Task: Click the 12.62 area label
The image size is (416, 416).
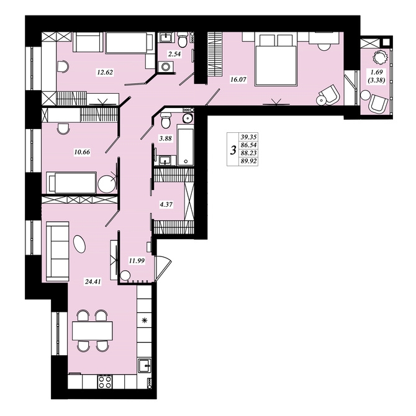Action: point(105,72)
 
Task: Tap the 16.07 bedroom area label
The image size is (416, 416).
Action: point(238,79)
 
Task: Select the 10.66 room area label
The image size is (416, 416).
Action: point(82,152)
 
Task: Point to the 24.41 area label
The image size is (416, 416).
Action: point(93,282)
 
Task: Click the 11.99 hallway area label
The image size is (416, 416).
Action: point(137,261)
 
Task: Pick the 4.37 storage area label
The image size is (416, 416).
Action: point(166,204)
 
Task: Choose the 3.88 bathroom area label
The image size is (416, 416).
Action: point(165,138)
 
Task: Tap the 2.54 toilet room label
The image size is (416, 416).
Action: point(174,54)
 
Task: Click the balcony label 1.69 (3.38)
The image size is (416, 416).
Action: point(377,76)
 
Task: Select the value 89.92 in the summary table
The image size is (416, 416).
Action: point(248,161)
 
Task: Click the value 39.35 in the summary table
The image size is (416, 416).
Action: point(248,137)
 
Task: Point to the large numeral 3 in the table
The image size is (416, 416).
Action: point(233,150)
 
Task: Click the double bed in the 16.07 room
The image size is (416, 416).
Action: point(275,59)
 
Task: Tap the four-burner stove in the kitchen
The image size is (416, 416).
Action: point(105,382)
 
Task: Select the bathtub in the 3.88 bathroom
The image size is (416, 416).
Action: point(186,147)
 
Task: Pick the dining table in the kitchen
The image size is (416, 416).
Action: point(93,330)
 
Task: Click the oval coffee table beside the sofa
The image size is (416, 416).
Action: point(80,244)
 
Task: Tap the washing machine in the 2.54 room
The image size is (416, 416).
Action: point(166,66)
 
